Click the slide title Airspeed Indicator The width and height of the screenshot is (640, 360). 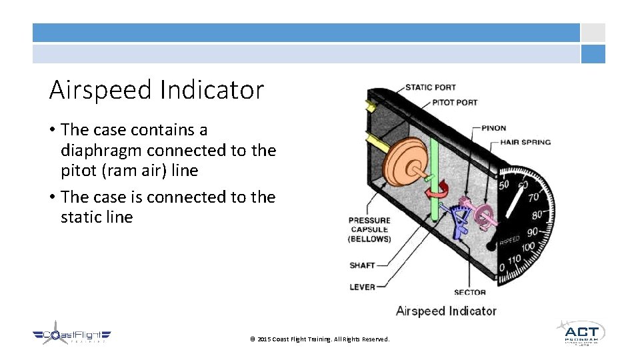[157, 90]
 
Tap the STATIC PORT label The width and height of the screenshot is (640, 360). [430, 87]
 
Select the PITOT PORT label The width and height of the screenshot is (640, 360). [455, 103]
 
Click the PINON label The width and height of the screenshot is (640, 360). [494, 128]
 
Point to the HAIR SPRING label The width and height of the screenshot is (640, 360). [526, 142]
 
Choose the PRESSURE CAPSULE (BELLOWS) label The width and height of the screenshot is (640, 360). [369, 229]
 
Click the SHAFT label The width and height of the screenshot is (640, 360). [362, 265]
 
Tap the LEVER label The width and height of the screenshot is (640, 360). [362, 287]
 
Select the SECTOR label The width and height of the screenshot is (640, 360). [469, 292]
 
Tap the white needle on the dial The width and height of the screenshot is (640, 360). [514, 199]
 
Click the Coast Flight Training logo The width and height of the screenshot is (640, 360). [71, 337]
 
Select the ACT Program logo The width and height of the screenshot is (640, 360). [581, 333]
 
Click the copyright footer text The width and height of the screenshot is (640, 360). [319, 339]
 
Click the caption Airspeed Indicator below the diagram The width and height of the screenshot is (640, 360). [445, 311]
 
